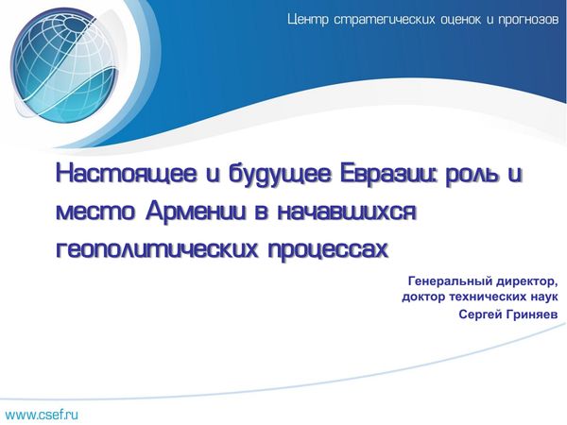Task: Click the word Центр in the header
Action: pos(308,19)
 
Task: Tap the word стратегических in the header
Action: pos(385,20)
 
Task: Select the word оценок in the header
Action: pos(461,20)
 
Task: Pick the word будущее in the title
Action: pos(280,175)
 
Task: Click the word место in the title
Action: pos(95,212)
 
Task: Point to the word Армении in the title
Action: pos(197,211)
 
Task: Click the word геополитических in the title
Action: pos(157,248)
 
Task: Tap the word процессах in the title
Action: pos(328,249)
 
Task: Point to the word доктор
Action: pos(423,298)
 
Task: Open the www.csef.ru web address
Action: pos(42,415)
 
